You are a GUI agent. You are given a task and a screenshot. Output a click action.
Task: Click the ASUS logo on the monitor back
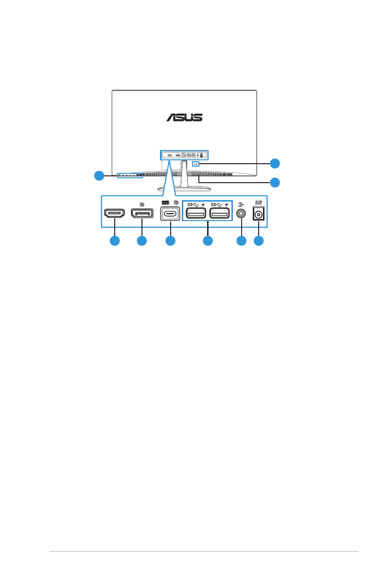pos(184,118)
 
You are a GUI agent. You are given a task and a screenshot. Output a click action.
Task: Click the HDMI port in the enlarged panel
pos(114,214)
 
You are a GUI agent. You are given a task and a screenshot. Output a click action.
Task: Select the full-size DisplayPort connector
pos(141,214)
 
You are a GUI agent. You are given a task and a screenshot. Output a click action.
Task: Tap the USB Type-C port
pos(170,214)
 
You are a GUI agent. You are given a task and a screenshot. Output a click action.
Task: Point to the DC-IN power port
pos(259,214)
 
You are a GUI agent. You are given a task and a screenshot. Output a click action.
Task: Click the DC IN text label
pos(259,202)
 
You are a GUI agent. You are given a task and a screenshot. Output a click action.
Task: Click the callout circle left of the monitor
pos(99,176)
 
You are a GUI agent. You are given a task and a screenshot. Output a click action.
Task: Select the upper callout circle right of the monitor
pos(275,163)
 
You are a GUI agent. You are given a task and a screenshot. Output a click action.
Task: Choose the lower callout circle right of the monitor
pos(275,183)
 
